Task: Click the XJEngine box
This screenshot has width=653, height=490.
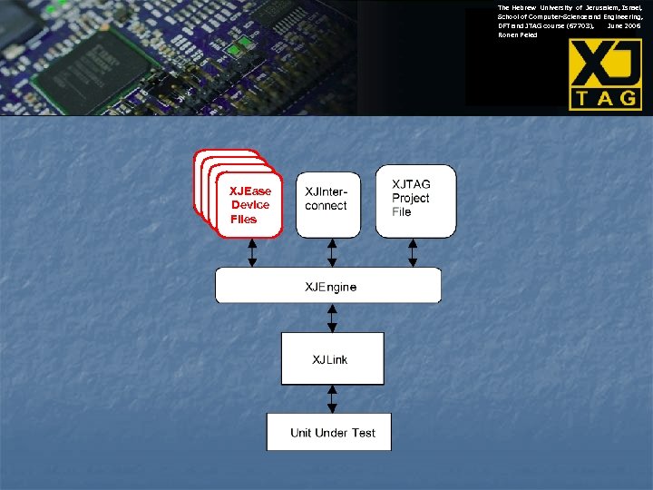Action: pos(327,286)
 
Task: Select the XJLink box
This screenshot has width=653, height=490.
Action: pos(332,359)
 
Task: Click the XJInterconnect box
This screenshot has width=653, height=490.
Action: pos(327,205)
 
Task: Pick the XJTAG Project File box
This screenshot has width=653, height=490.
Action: pos(415,201)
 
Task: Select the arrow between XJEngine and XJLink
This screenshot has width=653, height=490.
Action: pos(332,318)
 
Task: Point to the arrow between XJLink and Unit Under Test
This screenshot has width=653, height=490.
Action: pos(332,398)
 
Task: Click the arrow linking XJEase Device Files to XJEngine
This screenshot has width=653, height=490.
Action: pos(252,252)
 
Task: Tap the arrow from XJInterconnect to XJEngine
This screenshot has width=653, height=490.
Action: pos(332,252)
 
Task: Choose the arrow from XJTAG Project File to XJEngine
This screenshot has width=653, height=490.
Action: pos(413,252)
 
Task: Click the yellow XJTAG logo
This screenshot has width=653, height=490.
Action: pos(605,74)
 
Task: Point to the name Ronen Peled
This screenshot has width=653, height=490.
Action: pos(517,35)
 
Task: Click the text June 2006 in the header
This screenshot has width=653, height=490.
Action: pos(625,26)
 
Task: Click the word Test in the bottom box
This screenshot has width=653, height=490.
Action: pos(357,433)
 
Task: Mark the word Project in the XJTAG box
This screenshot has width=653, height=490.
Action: pos(411,199)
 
